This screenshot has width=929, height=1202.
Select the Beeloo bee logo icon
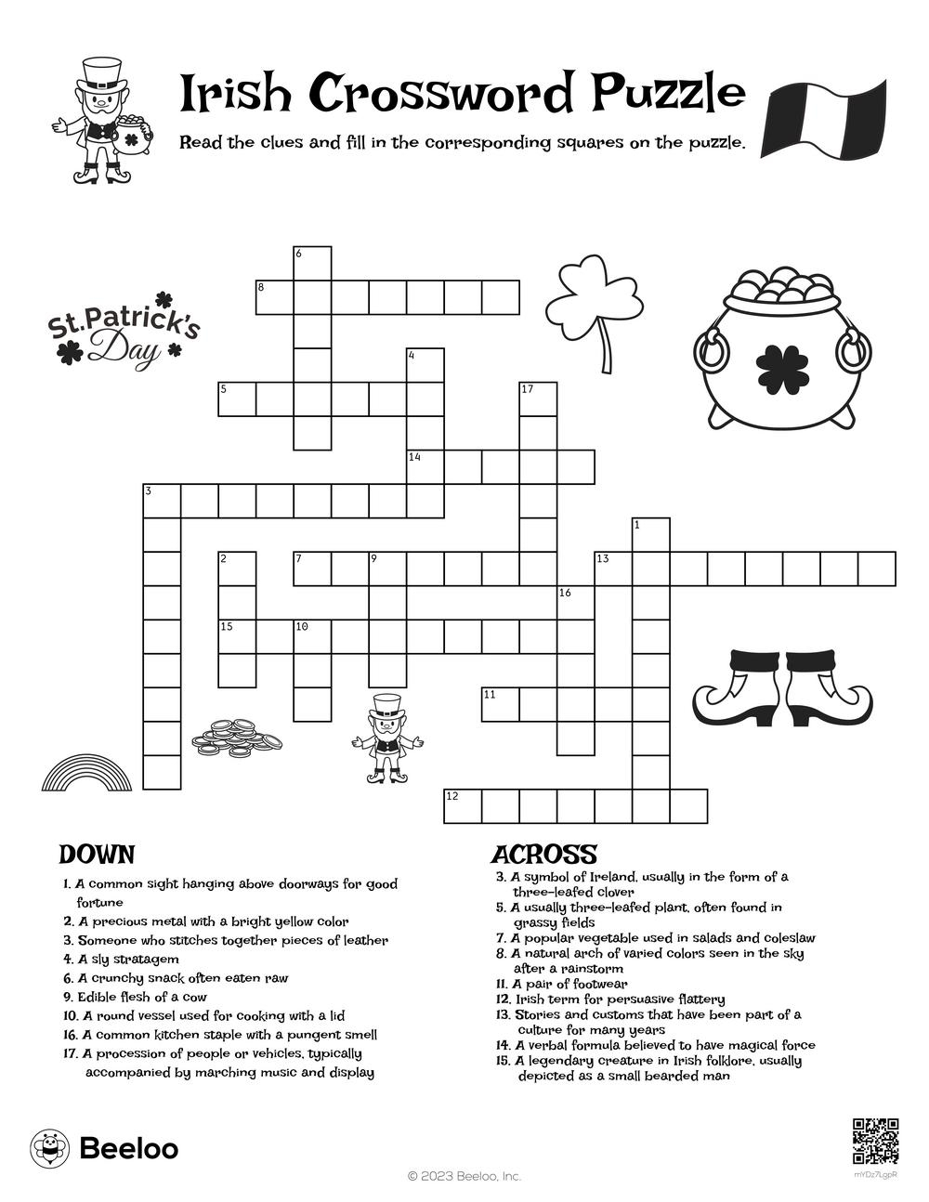point(49,1148)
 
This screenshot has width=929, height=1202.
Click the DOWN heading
point(97,855)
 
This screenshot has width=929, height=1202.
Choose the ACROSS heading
point(543,855)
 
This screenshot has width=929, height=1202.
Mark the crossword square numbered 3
point(162,501)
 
